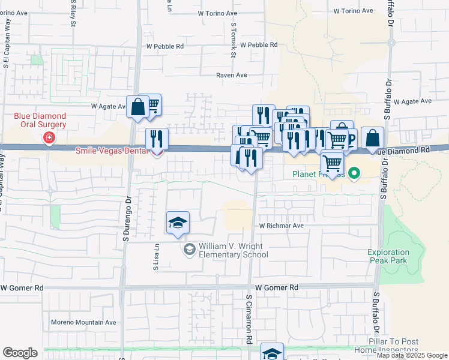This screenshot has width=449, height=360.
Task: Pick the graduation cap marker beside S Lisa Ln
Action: pyautogui.click(x=178, y=223)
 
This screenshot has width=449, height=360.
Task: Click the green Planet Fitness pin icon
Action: pyautogui.click(x=354, y=175)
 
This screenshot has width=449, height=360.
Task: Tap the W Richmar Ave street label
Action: pyautogui.click(x=282, y=226)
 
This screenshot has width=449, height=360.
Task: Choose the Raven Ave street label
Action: pyautogui.click(x=232, y=76)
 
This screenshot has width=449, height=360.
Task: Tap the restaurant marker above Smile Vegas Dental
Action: pyautogui.click(x=157, y=139)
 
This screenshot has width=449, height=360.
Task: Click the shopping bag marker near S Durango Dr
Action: pyautogui.click(x=137, y=107)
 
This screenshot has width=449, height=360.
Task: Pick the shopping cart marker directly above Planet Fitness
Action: pyautogui.click(x=331, y=163)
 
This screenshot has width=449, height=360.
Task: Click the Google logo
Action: pyautogui.click(x=20, y=353)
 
